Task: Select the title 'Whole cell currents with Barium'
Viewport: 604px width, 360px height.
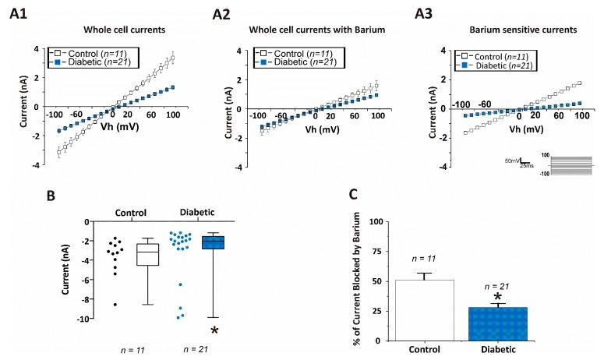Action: pyautogui.click(x=314, y=29)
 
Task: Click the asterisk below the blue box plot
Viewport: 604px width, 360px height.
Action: pyautogui.click(x=214, y=330)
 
